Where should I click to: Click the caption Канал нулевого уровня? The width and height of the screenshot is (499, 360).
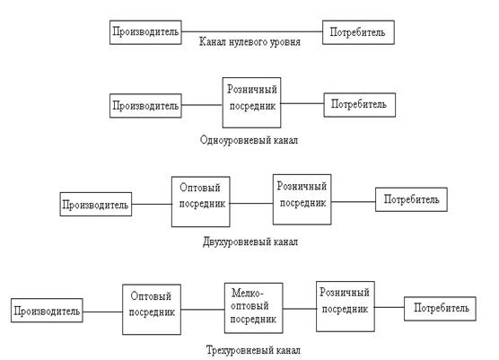point(249,42)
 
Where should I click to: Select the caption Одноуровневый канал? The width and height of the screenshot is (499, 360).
point(249,140)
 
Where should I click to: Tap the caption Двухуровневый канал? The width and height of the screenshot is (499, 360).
point(250,241)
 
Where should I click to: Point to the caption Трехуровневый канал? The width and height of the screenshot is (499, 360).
point(253,350)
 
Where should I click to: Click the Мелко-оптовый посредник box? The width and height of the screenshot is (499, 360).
point(254,308)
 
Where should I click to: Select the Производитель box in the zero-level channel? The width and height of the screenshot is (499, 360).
point(145,32)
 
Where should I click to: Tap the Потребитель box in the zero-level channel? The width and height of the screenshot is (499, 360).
point(359,32)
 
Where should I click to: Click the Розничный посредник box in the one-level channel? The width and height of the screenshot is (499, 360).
point(251,102)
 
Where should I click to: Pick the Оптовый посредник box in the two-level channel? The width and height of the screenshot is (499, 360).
point(201,202)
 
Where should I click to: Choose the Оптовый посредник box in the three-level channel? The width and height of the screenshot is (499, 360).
point(152,310)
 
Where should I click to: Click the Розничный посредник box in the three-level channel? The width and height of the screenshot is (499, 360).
point(346,306)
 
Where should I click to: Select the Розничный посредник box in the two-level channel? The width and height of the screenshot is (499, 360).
point(302,199)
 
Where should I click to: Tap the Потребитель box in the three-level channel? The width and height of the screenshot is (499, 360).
point(440,309)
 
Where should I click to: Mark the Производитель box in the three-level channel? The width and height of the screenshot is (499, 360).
point(47,311)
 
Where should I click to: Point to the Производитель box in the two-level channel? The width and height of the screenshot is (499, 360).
point(96,204)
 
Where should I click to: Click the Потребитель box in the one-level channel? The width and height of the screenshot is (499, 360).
point(360,105)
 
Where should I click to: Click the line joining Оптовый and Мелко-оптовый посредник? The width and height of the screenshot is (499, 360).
point(203,309)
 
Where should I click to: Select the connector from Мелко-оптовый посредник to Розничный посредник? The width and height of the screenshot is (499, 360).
point(300,309)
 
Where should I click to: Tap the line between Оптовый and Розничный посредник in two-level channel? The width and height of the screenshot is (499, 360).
point(251,203)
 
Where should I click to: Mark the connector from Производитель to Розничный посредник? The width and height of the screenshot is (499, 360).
point(202,105)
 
